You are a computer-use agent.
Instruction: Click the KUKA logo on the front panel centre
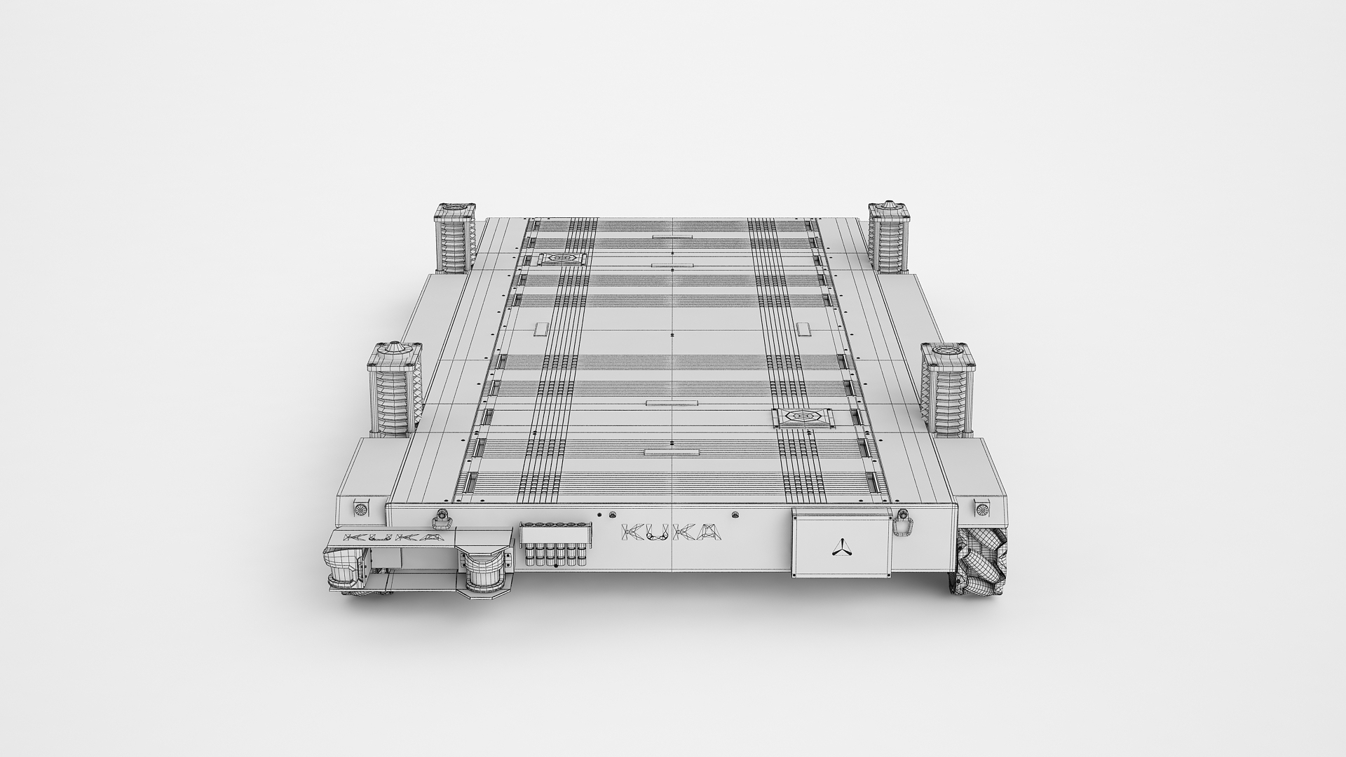pyautogui.click(x=672, y=533)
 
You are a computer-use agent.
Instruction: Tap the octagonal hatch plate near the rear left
pyautogui.click(x=562, y=259)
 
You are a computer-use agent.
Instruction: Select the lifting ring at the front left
pyautogui.click(x=441, y=519)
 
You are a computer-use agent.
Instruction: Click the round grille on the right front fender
pyautogui.click(x=982, y=507)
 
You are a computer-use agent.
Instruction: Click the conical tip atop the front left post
pyautogui.click(x=395, y=347)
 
